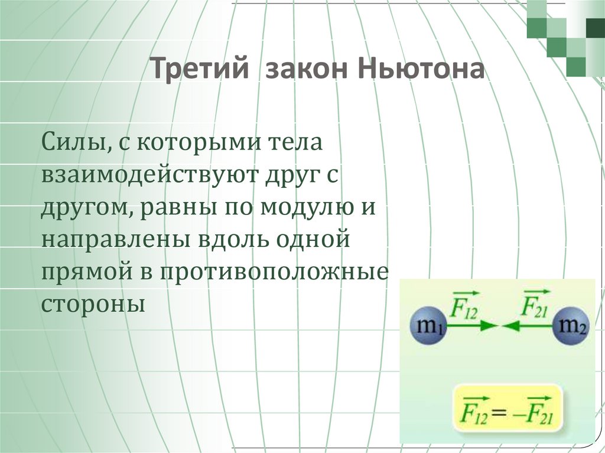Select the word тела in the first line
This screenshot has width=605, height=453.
pos(295,144)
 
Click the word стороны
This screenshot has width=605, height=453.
pos(93,305)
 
